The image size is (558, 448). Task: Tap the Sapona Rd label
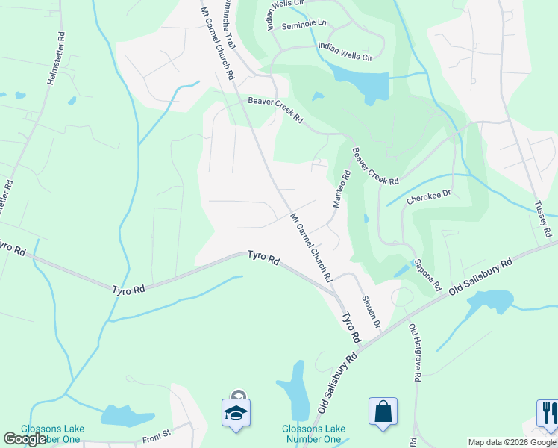click(428, 275)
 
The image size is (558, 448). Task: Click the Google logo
click(25, 439)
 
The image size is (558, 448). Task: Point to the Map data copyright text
click(512, 442)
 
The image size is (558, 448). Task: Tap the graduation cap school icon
click(236, 412)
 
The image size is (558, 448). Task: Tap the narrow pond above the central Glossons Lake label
click(297, 391)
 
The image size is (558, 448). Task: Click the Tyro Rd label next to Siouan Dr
click(351, 329)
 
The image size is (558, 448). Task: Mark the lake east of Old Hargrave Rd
click(489, 301)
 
